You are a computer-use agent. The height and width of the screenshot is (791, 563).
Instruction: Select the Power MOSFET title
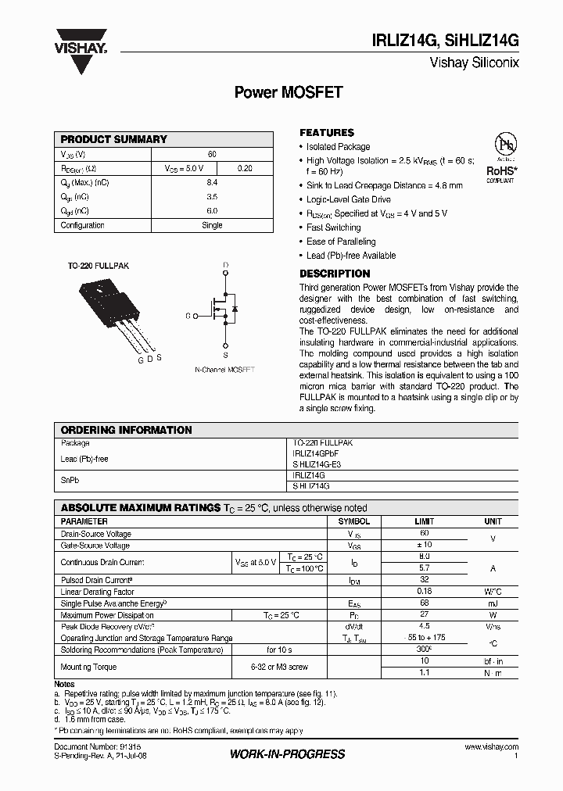[x=289, y=92]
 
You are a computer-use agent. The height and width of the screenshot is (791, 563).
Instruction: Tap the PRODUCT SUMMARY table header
[x=114, y=139]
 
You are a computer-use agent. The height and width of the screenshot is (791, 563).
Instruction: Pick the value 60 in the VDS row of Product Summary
[x=212, y=155]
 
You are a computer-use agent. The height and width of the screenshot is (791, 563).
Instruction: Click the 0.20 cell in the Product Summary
[x=244, y=169]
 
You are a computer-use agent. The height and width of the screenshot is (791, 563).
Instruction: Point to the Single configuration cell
[x=212, y=225]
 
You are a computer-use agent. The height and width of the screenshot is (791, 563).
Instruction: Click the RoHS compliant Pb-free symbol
[x=500, y=156]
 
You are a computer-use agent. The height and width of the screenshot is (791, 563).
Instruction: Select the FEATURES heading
[x=327, y=133]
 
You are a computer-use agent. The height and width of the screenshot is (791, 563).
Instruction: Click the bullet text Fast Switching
[x=333, y=227]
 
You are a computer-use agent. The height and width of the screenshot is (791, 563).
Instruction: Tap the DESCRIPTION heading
[x=335, y=274]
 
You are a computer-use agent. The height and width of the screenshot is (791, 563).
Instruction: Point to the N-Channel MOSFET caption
[x=224, y=370]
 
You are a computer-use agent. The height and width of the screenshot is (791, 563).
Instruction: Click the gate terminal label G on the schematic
[x=188, y=316]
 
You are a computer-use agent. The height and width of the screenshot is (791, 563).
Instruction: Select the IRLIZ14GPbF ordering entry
[x=315, y=453]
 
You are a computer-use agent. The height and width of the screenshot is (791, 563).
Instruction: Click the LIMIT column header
[x=424, y=521]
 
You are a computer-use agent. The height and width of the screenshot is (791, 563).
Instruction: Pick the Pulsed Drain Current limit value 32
[x=424, y=581]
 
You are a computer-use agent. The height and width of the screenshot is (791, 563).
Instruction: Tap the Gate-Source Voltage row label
[x=95, y=546]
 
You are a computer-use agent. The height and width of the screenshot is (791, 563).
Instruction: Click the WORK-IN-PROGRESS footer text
[x=287, y=754]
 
